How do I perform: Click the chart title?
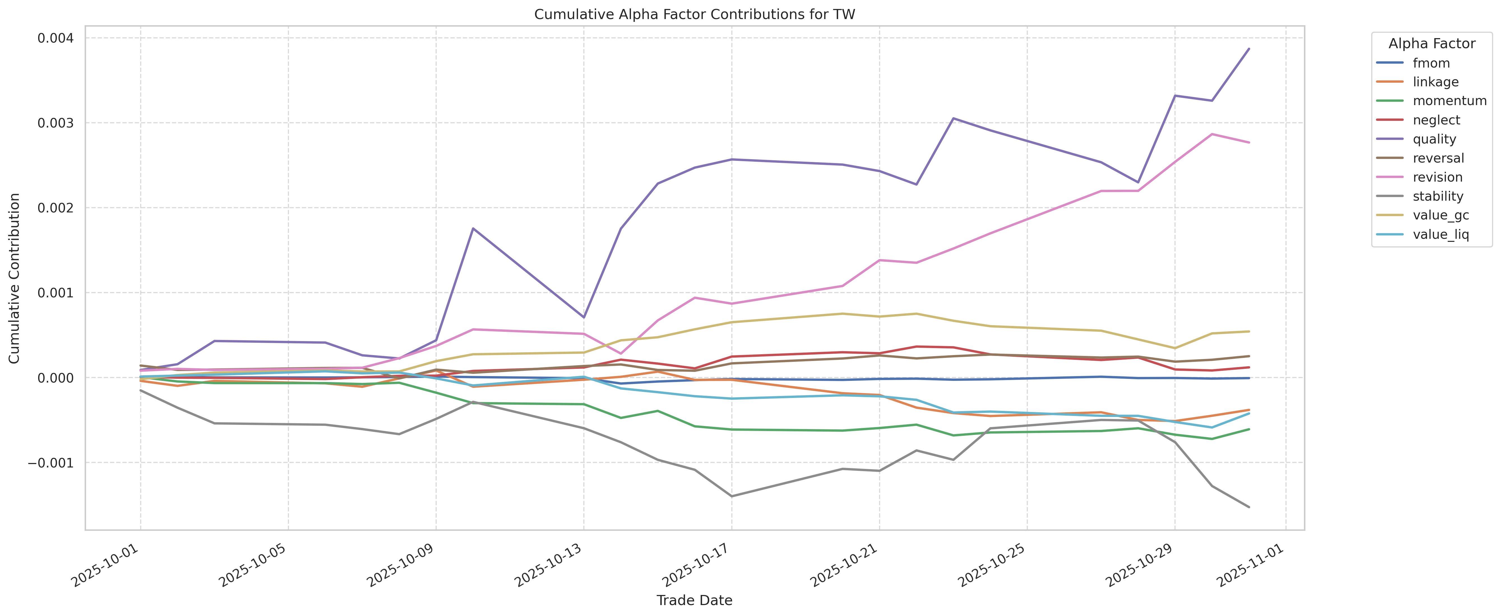coord(695,15)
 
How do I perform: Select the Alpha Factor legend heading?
coord(1432,44)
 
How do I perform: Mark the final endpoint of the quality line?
coord(1249,49)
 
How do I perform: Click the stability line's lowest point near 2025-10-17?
coord(732,496)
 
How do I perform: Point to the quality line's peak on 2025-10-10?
coord(473,228)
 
